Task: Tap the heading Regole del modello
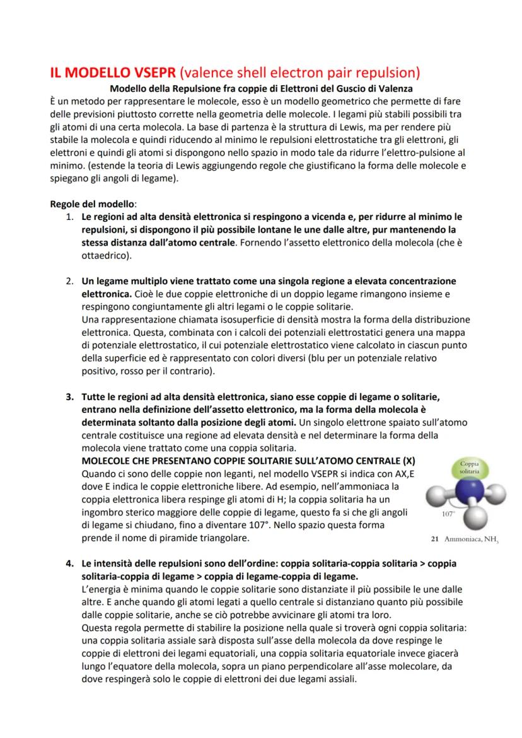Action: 93,205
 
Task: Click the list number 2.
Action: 70,280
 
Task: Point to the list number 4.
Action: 70,560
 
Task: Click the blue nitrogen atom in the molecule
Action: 469,492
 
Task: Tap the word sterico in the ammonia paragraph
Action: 134,512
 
